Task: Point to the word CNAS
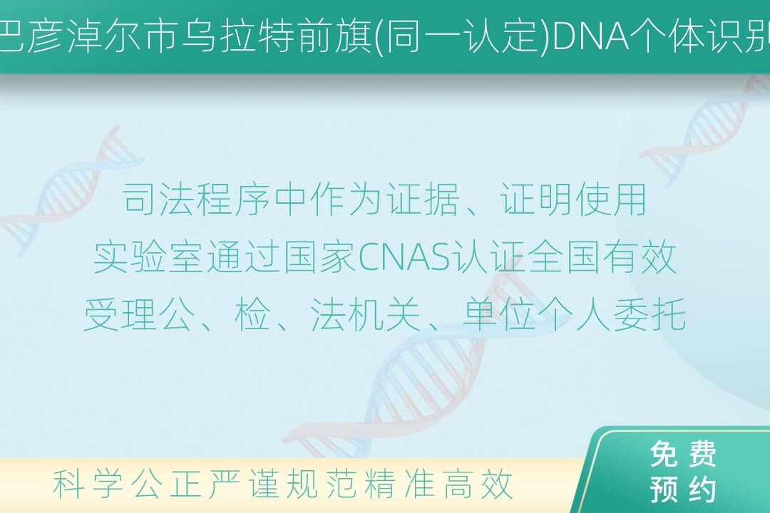pyautogui.click(x=404, y=257)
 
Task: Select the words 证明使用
pyautogui.click(x=573, y=199)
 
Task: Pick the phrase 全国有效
pyautogui.click(x=603, y=257)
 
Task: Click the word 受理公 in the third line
pyautogui.click(x=138, y=315)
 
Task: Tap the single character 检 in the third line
pyautogui.click(x=252, y=315)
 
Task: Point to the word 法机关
pyautogui.click(x=366, y=315)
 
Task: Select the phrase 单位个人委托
pyautogui.click(x=574, y=315)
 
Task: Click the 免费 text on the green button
pyautogui.click(x=682, y=454)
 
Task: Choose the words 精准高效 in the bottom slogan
pyautogui.click(x=438, y=484)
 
